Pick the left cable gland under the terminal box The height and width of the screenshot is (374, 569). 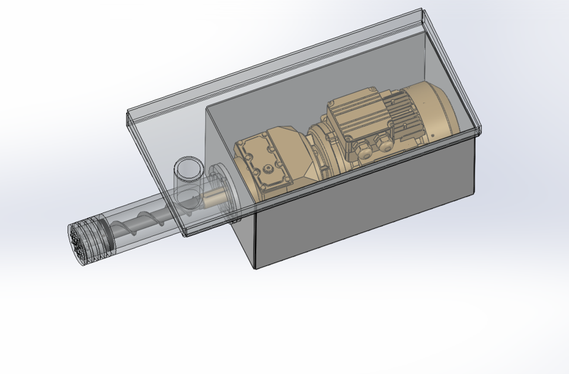coord(363,151)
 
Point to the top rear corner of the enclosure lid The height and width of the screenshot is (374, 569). coord(421,10)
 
